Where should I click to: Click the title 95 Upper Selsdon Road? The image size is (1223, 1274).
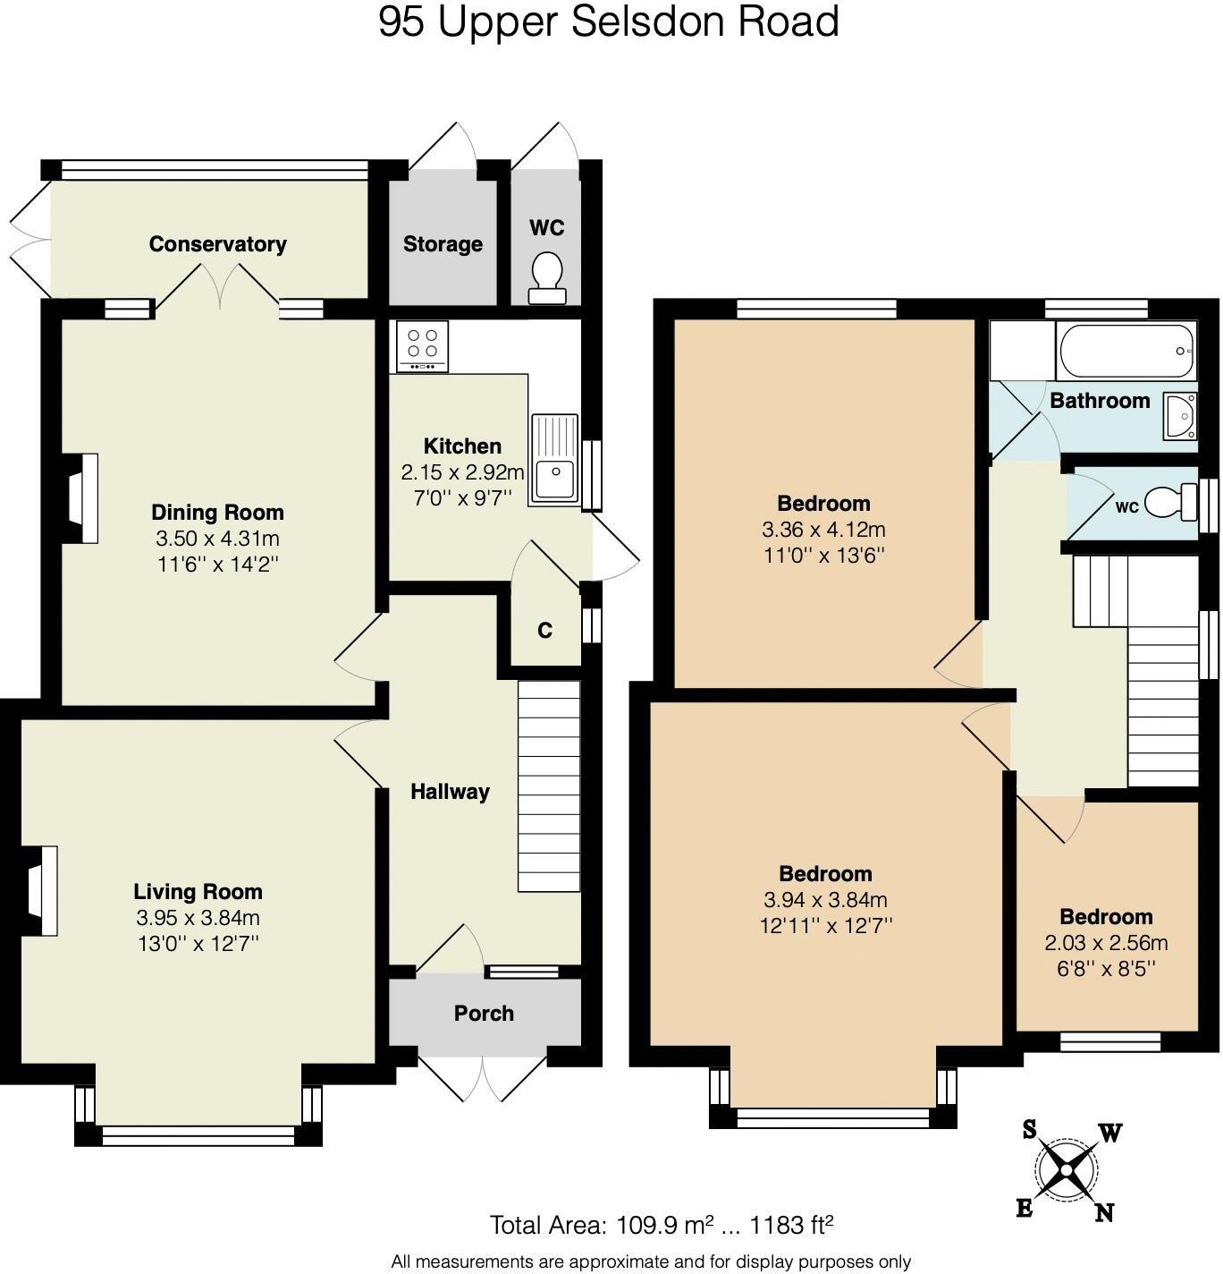[x=609, y=21]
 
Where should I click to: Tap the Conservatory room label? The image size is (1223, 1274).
[x=217, y=244]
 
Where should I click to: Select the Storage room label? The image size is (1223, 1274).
[x=443, y=244]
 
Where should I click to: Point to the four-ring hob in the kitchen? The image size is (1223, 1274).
[x=423, y=345]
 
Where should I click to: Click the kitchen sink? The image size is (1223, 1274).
[x=554, y=458]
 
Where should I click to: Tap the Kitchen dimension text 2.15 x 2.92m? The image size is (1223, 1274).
[x=462, y=472]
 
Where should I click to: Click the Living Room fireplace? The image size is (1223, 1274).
[x=42, y=890]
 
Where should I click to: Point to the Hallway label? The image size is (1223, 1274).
[x=450, y=792]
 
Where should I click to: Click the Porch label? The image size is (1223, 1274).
[x=484, y=1014]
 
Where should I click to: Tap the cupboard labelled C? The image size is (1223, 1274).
[x=544, y=631]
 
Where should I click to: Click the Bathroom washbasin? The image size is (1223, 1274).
[x=1181, y=416]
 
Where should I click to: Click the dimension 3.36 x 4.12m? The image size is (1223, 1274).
[x=823, y=530]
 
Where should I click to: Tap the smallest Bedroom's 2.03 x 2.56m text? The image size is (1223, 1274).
[x=1106, y=943]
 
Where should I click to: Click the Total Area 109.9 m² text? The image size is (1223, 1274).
[x=662, y=1225]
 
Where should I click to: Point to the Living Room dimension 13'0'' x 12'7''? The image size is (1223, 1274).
[x=198, y=943]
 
